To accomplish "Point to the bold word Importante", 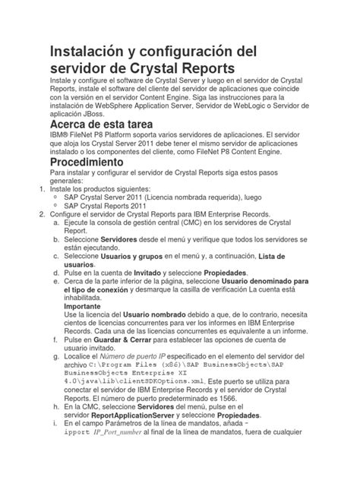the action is (86, 307).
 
